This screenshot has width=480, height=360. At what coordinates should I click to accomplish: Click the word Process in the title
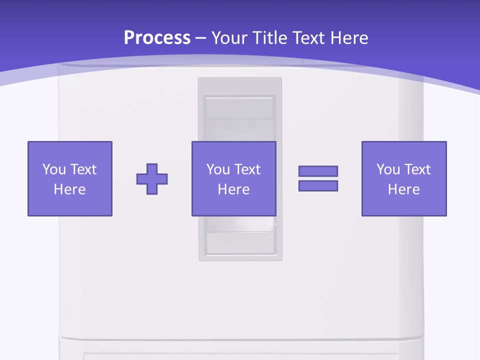coord(157,38)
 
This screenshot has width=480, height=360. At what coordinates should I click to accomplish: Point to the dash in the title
coord(201,39)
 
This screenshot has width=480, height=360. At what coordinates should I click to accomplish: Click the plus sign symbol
coord(152,179)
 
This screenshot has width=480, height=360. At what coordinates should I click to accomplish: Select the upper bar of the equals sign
coord(318,171)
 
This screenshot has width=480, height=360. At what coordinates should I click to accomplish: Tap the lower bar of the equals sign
coord(318,185)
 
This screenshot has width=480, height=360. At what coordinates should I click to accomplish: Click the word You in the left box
coord(54,169)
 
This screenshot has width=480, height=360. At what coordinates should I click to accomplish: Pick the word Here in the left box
coord(69,189)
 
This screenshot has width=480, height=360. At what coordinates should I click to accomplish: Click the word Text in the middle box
coord(247,169)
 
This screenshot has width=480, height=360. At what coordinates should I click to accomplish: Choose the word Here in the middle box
coord(233,189)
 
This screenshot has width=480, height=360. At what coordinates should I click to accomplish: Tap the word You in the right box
coord(388,169)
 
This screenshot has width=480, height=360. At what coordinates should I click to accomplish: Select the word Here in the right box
coord(403,189)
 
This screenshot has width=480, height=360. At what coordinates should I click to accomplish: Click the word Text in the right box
coord(417,169)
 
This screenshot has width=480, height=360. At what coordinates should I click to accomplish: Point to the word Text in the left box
coord(83,169)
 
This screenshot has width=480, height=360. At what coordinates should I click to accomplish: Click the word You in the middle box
coord(218,169)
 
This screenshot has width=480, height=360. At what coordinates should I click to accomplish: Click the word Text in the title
coord(307,38)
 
